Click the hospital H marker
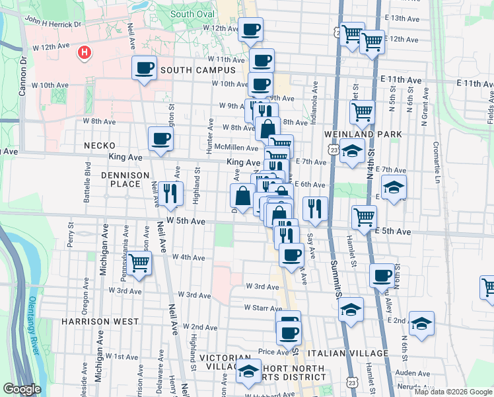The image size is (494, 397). tap(84, 52)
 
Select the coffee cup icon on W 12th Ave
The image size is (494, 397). tap(251, 30)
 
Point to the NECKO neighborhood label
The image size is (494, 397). tap(100, 146)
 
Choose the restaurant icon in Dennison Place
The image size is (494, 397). tap(170, 193)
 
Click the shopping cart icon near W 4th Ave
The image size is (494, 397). tap(139, 263)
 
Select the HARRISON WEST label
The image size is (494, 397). tap(100, 322)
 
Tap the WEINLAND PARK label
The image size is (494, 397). tap(354, 134)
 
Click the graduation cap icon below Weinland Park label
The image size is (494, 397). tap(353, 150)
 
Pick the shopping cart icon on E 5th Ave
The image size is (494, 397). tap(364, 216)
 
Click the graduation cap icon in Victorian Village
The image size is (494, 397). tap(248, 371)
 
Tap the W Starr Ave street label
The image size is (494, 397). tap(263, 308)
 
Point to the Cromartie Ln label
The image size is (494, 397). tap(436, 155)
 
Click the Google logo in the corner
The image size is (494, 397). tap(22, 389)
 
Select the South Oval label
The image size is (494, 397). tap(192, 14)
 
